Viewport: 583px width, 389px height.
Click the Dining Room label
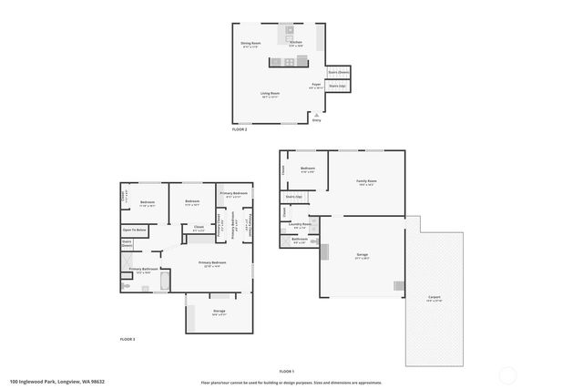[x=251, y=43]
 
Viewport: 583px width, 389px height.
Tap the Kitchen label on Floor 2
[x=295, y=43]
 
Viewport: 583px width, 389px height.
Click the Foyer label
[x=316, y=85]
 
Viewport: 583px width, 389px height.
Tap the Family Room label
[x=367, y=181]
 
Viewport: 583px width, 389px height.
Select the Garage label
[x=363, y=257]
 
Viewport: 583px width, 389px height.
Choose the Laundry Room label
[x=301, y=224]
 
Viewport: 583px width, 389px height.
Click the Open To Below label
[x=134, y=230]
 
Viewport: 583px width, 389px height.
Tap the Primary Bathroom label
[x=145, y=270]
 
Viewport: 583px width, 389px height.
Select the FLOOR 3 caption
[x=128, y=339]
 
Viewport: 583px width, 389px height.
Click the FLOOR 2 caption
[x=240, y=130]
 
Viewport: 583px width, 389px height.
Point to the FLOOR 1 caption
[x=287, y=371]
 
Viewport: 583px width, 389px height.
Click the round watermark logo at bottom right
[x=508, y=374]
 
